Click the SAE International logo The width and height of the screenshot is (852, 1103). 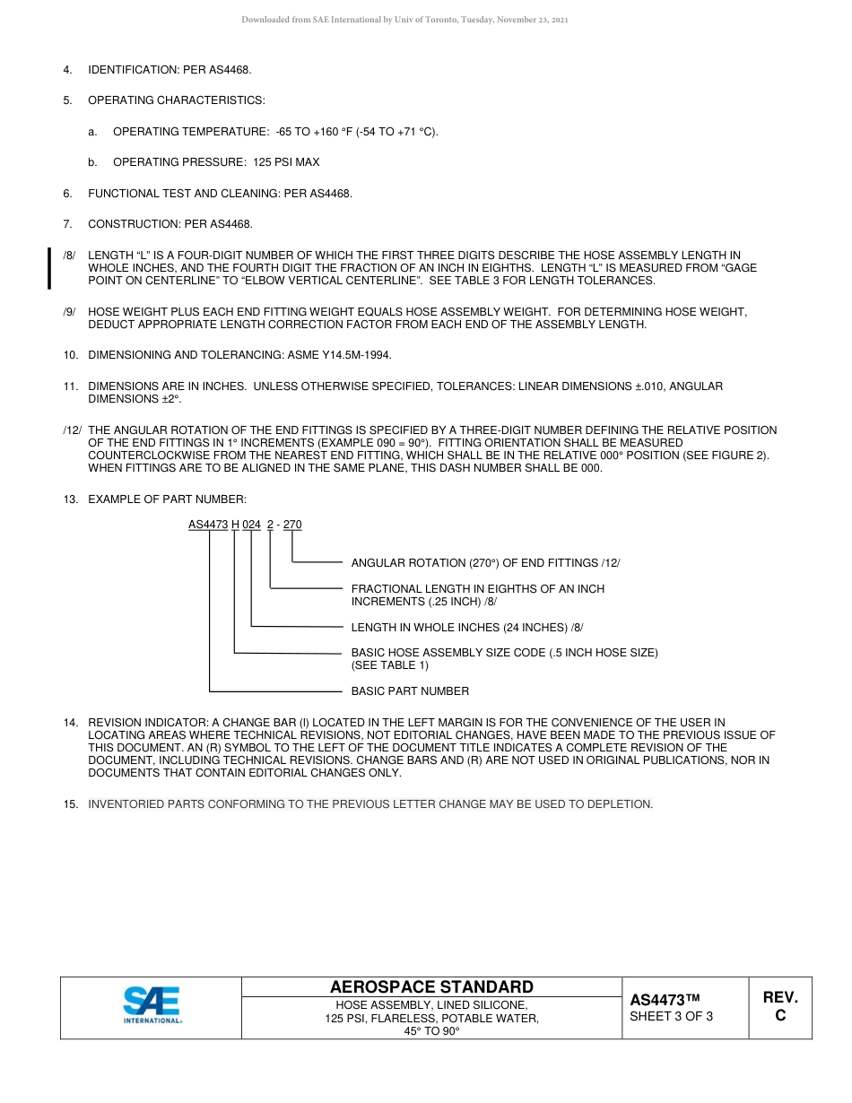click(x=152, y=1005)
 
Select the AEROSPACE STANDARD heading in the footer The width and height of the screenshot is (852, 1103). click(x=431, y=987)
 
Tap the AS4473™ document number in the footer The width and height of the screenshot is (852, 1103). click(x=664, y=1000)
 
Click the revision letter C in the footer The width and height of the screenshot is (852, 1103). click(x=780, y=1016)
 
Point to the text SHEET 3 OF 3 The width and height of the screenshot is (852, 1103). click(x=672, y=1016)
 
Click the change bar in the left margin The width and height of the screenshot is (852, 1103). click(x=48, y=269)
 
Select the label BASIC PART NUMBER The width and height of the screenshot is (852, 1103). click(x=410, y=691)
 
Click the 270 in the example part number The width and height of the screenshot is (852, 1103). click(x=292, y=525)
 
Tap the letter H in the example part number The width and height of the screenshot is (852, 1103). click(x=235, y=525)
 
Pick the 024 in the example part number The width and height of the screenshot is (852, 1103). click(x=251, y=525)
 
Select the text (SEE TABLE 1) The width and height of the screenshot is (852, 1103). click(x=390, y=665)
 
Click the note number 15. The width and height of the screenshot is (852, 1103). click(x=70, y=804)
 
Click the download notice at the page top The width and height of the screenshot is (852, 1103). click(x=404, y=20)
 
